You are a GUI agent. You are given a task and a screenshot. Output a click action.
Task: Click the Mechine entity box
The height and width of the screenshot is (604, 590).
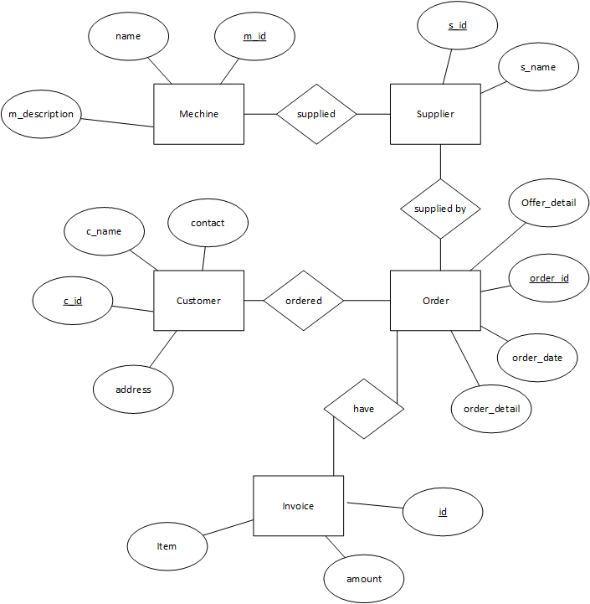[198, 114]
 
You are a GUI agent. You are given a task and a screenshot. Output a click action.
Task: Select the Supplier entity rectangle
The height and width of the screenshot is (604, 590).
[435, 114]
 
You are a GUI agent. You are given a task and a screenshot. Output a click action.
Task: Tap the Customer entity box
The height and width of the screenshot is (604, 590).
[198, 301]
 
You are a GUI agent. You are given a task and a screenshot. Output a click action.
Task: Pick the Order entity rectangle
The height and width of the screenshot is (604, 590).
[435, 301]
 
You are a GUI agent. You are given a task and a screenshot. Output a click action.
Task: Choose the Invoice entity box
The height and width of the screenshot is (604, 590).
[298, 506]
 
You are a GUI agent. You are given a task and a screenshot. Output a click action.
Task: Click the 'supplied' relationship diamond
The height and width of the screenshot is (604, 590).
[316, 114]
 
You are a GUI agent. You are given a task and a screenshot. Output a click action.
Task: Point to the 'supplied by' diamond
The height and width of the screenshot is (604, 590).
[440, 209]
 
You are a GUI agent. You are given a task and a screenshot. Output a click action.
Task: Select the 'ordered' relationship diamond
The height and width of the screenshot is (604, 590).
[303, 301]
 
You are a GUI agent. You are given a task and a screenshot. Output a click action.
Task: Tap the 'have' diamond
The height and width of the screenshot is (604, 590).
[363, 409]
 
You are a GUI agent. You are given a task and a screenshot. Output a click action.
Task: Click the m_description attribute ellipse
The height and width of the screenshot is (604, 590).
[41, 114]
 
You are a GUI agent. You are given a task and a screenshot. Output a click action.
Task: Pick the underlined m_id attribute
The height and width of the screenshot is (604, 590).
[254, 36]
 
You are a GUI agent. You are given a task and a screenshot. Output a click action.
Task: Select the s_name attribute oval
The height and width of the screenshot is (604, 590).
[538, 67]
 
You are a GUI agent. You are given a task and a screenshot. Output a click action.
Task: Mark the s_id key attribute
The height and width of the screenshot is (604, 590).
[457, 25]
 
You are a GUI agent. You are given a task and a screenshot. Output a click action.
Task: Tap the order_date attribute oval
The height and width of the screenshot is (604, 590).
[537, 358]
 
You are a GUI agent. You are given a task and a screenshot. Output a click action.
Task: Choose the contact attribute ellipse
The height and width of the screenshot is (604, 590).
[208, 223]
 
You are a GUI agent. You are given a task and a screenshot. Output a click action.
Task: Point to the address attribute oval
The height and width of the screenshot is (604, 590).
[133, 390]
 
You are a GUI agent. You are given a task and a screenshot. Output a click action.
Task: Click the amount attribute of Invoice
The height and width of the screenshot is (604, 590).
[364, 579]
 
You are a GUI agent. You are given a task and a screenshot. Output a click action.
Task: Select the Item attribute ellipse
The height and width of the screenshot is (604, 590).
[167, 546]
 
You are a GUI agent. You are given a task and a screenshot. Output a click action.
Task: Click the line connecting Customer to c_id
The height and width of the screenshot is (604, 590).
[133, 307]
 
